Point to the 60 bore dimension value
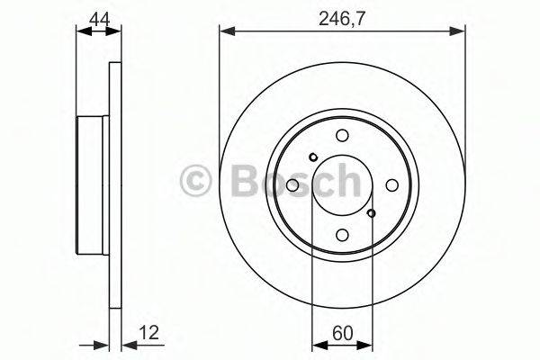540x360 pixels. (x=342, y=331)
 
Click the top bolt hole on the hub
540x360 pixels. (x=342, y=136)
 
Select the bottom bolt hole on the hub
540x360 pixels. (x=342, y=235)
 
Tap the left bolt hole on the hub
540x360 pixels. (x=292, y=185)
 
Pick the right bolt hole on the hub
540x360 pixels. (x=391, y=185)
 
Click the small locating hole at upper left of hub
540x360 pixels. (x=312, y=158)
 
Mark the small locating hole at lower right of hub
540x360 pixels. (x=372, y=213)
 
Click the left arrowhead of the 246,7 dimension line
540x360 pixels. (x=226, y=33)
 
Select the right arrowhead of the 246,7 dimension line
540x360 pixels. (x=460, y=33)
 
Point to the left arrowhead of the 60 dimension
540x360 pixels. (x=317, y=344)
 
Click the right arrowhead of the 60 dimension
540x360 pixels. (x=366, y=344)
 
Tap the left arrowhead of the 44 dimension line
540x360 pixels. (x=83, y=33)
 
